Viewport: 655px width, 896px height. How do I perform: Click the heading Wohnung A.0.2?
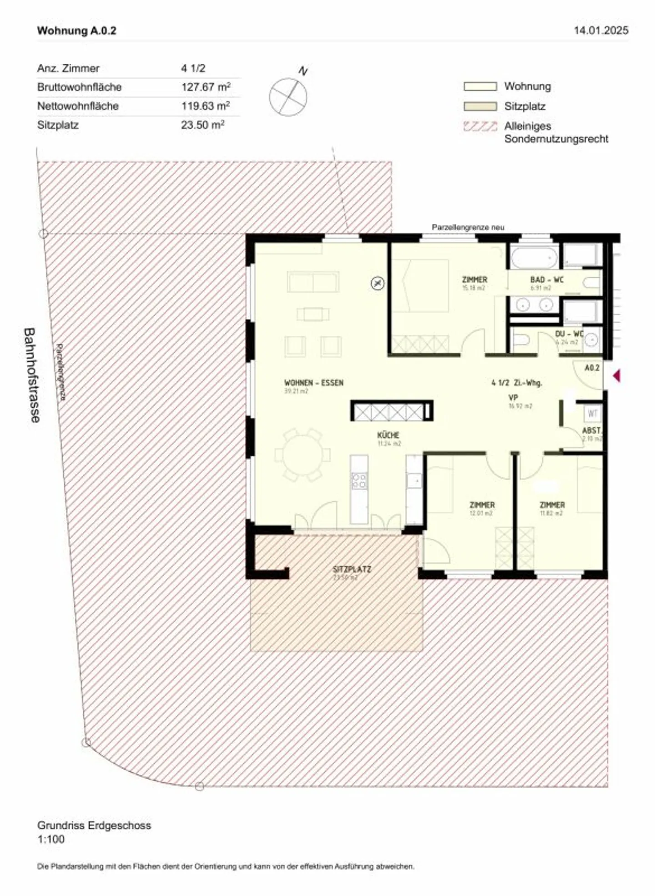point(76,30)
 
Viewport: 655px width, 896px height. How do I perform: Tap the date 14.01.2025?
point(601,30)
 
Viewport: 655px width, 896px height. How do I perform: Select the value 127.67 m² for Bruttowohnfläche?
point(206,87)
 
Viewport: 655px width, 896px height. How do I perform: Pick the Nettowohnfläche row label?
point(78,106)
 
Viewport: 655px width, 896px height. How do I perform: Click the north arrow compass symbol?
point(288,96)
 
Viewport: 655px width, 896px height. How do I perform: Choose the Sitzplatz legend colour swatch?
point(480,106)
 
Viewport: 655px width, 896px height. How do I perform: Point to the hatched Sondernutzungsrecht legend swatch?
point(480,127)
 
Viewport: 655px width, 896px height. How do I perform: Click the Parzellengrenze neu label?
point(468,227)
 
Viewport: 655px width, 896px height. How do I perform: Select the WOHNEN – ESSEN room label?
point(313,383)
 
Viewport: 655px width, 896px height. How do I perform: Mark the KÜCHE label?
point(388,435)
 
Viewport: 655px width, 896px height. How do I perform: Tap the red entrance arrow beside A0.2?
point(616,376)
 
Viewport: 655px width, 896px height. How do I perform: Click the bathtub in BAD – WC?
point(534,258)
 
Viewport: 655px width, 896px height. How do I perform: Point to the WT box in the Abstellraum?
point(592,414)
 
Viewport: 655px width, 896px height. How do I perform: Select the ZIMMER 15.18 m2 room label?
point(474,279)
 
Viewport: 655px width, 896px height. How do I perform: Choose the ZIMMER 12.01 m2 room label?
point(482,505)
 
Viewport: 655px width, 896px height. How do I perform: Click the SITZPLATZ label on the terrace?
point(352,569)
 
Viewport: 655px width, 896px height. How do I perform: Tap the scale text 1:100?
point(51,840)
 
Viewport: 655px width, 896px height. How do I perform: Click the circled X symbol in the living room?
point(378,283)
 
